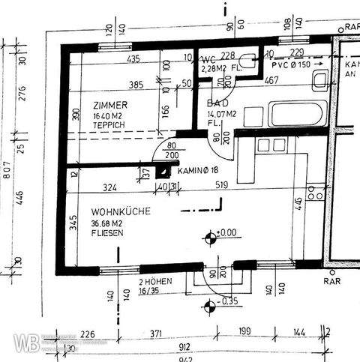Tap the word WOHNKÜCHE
(x=117, y=212)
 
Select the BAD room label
(x=217, y=104)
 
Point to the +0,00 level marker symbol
(x=209, y=239)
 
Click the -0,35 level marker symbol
(x=209, y=303)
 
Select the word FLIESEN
(x=109, y=233)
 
